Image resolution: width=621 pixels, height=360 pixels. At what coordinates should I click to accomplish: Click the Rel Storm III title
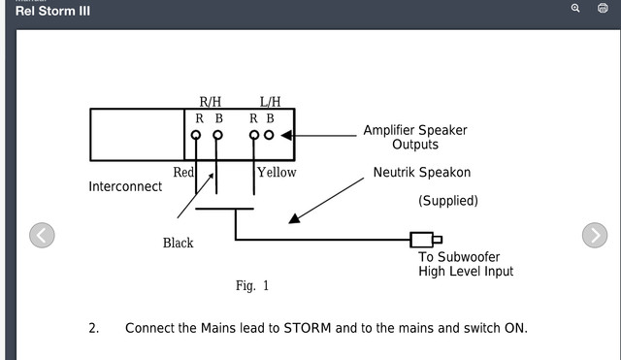click(52, 11)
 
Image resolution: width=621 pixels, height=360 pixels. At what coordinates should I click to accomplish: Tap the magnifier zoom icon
click(575, 8)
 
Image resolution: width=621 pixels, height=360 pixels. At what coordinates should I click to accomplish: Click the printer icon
click(603, 8)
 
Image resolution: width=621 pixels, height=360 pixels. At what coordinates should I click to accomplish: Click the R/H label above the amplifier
click(211, 102)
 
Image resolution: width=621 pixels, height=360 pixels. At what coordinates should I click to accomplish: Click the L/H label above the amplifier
click(270, 102)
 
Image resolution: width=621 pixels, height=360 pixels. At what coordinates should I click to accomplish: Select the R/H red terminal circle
click(196, 135)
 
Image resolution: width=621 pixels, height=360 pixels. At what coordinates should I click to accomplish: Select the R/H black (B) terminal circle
click(217, 135)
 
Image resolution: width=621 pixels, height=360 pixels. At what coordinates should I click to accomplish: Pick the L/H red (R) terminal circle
click(254, 135)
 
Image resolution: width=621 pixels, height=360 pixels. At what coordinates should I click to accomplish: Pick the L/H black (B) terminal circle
click(269, 135)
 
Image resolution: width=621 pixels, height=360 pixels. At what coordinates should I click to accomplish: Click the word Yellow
click(277, 173)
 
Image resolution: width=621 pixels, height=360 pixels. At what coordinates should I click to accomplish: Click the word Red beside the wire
click(183, 173)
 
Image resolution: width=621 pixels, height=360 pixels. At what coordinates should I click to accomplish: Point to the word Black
click(179, 243)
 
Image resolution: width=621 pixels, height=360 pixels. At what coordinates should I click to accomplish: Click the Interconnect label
click(125, 186)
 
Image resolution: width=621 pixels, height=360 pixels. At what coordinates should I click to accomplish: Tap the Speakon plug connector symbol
click(426, 240)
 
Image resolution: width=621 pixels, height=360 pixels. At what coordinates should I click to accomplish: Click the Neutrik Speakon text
click(422, 173)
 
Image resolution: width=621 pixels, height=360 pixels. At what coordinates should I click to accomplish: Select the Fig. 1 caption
click(252, 285)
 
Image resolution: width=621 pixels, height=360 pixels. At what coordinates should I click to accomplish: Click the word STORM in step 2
click(308, 328)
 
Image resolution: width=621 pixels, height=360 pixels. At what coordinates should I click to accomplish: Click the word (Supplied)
click(448, 201)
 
